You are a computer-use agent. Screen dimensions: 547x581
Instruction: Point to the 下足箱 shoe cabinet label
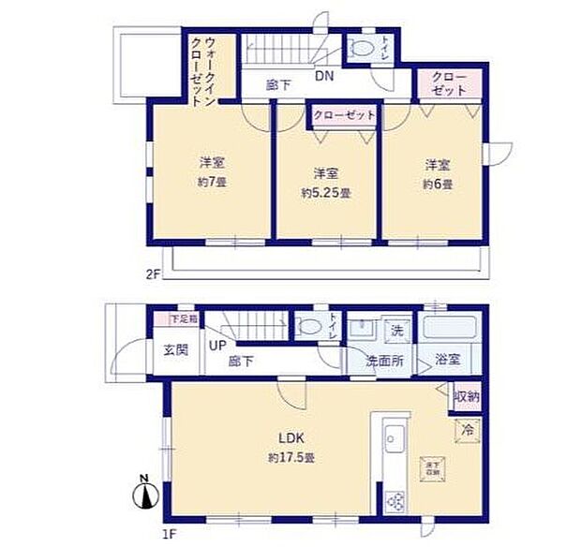tap(183, 319)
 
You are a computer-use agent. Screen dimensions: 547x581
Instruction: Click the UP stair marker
tap(217, 346)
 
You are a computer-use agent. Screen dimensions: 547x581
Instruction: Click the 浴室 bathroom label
tap(446, 360)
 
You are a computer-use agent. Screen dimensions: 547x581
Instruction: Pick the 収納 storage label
tap(467, 396)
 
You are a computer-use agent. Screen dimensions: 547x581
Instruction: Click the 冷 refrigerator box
tap(466, 428)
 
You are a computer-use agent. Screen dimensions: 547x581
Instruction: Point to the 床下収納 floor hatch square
tap(432, 468)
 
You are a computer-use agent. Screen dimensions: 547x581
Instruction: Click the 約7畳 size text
tap(211, 181)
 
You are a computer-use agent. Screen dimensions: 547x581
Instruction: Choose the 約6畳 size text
tap(437, 184)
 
